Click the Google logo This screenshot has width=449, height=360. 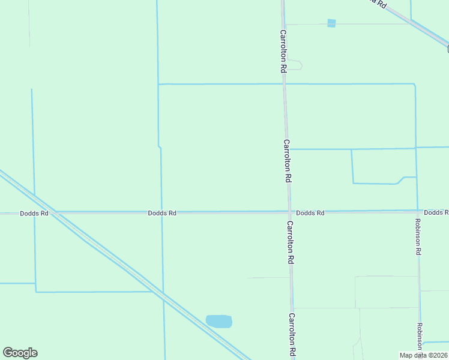pyautogui.click(x=20, y=353)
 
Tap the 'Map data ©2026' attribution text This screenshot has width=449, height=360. pyautogui.click(x=424, y=355)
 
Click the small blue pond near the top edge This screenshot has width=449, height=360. pyautogui.click(x=331, y=23)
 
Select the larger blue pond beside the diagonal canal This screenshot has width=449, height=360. pyautogui.click(x=219, y=321)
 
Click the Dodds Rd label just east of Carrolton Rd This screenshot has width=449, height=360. pyautogui.click(x=310, y=213)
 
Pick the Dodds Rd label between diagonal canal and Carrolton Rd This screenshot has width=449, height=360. pyautogui.click(x=162, y=213)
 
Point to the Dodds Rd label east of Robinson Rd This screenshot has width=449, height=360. pyautogui.click(x=435, y=212)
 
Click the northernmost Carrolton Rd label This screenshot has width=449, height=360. pyautogui.click(x=282, y=51)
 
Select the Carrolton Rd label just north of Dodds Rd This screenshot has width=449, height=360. pyautogui.click(x=287, y=161)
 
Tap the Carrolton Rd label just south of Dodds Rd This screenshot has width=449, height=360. pyautogui.click(x=290, y=242)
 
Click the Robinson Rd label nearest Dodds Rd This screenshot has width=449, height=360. pyautogui.click(x=418, y=236)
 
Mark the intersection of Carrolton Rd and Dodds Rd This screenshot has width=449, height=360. pyautogui.click(x=289, y=212)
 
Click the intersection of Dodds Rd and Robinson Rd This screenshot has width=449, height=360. pyautogui.click(x=418, y=211)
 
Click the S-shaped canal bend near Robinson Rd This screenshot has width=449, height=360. pyautogui.click(x=399, y=180)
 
